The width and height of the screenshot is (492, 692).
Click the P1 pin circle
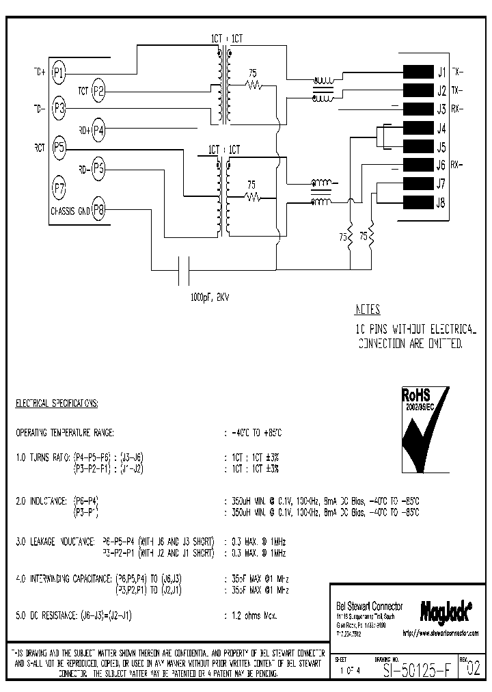click(x=59, y=71)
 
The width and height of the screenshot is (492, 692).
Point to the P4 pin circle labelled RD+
click(x=100, y=129)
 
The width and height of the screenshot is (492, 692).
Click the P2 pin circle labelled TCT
click(x=100, y=90)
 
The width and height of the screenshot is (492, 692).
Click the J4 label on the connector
click(x=441, y=128)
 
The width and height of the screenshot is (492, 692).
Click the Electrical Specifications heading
click(x=57, y=404)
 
